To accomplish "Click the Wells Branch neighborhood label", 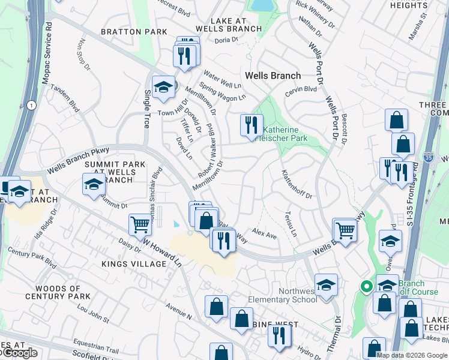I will [273, 76].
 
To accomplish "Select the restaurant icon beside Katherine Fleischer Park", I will [252, 124].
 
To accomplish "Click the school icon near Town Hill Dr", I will [163, 87].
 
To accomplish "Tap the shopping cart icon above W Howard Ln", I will [140, 224].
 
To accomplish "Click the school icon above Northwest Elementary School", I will [326, 284].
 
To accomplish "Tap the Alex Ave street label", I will [264, 233].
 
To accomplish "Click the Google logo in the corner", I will [19, 353].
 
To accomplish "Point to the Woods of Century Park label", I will [58, 292].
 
